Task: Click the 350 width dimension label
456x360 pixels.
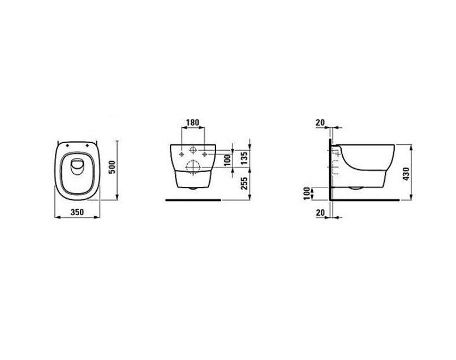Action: (77, 212)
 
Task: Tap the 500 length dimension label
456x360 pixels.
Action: (112, 167)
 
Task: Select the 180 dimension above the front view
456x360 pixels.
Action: (192, 122)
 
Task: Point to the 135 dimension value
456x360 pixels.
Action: (244, 158)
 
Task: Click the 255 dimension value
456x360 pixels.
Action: (244, 183)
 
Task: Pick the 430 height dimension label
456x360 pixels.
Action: (406, 174)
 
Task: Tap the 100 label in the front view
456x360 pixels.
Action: (227, 160)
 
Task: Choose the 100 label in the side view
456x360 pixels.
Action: (307, 194)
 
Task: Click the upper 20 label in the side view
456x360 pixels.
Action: (320, 122)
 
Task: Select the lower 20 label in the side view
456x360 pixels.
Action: (320, 213)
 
